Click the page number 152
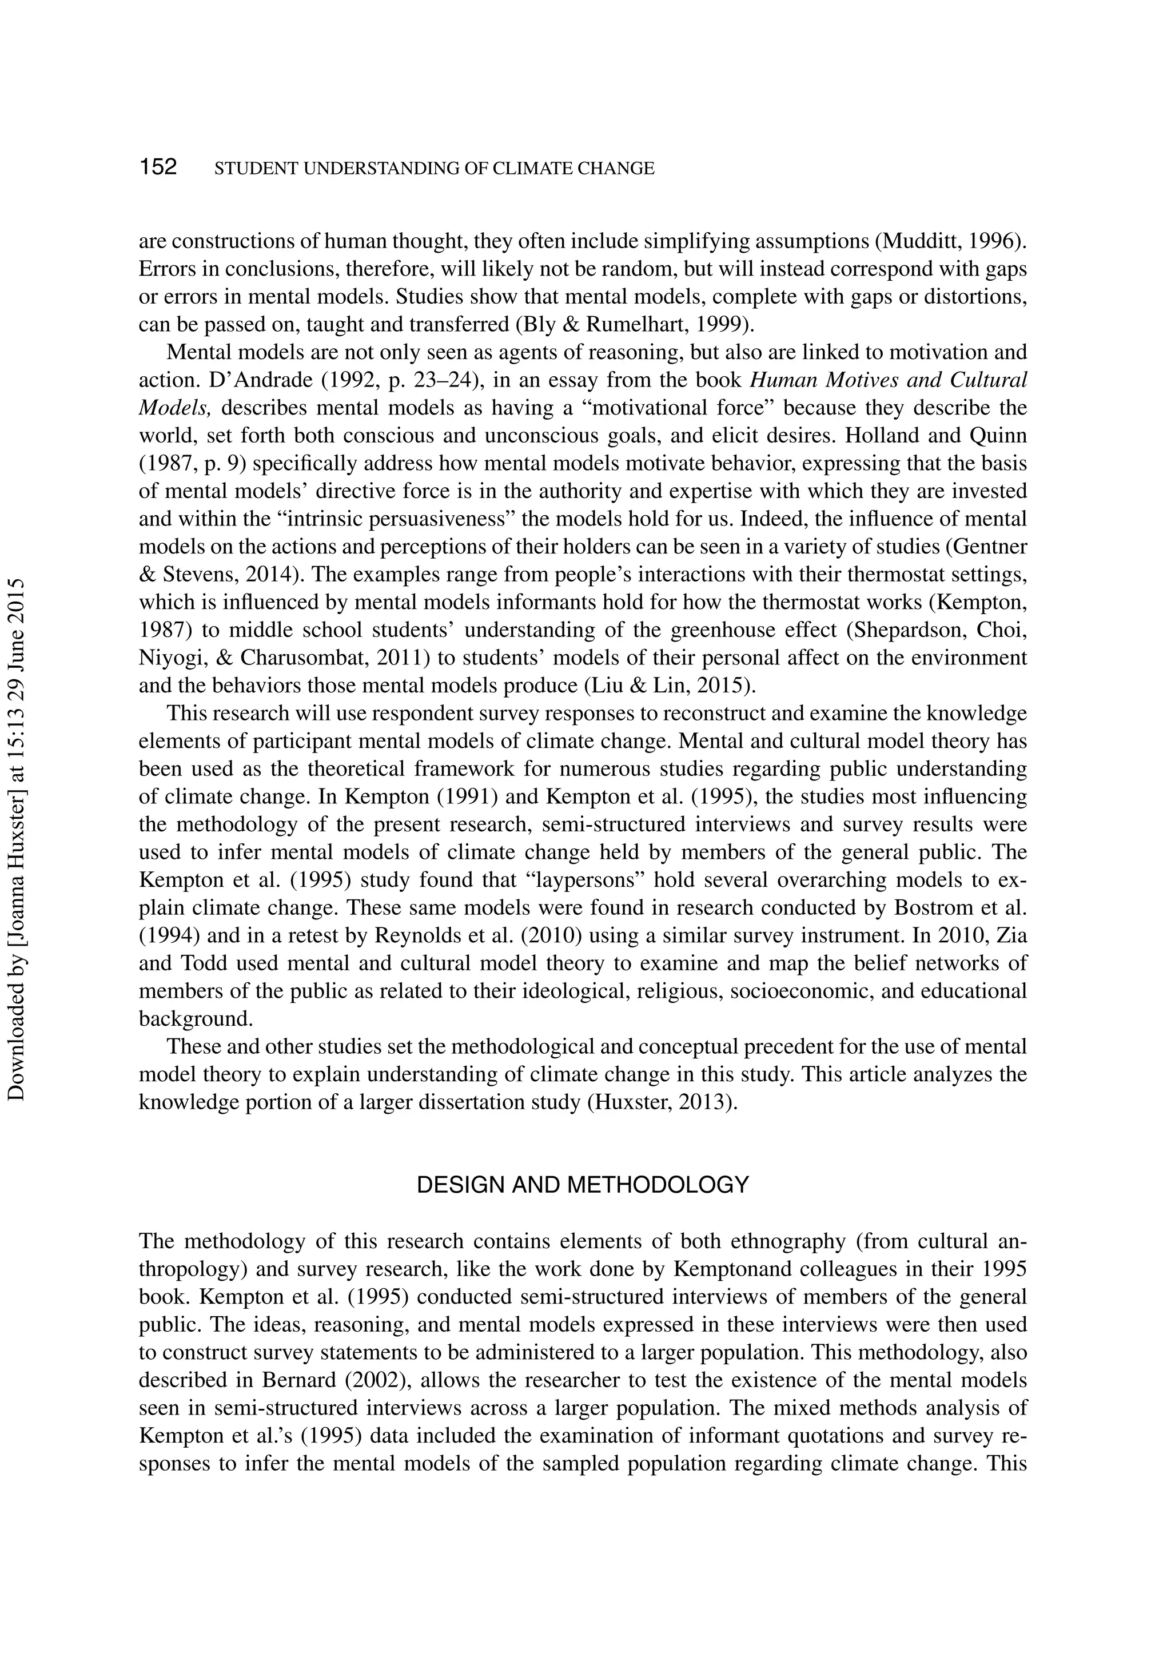tap(158, 167)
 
